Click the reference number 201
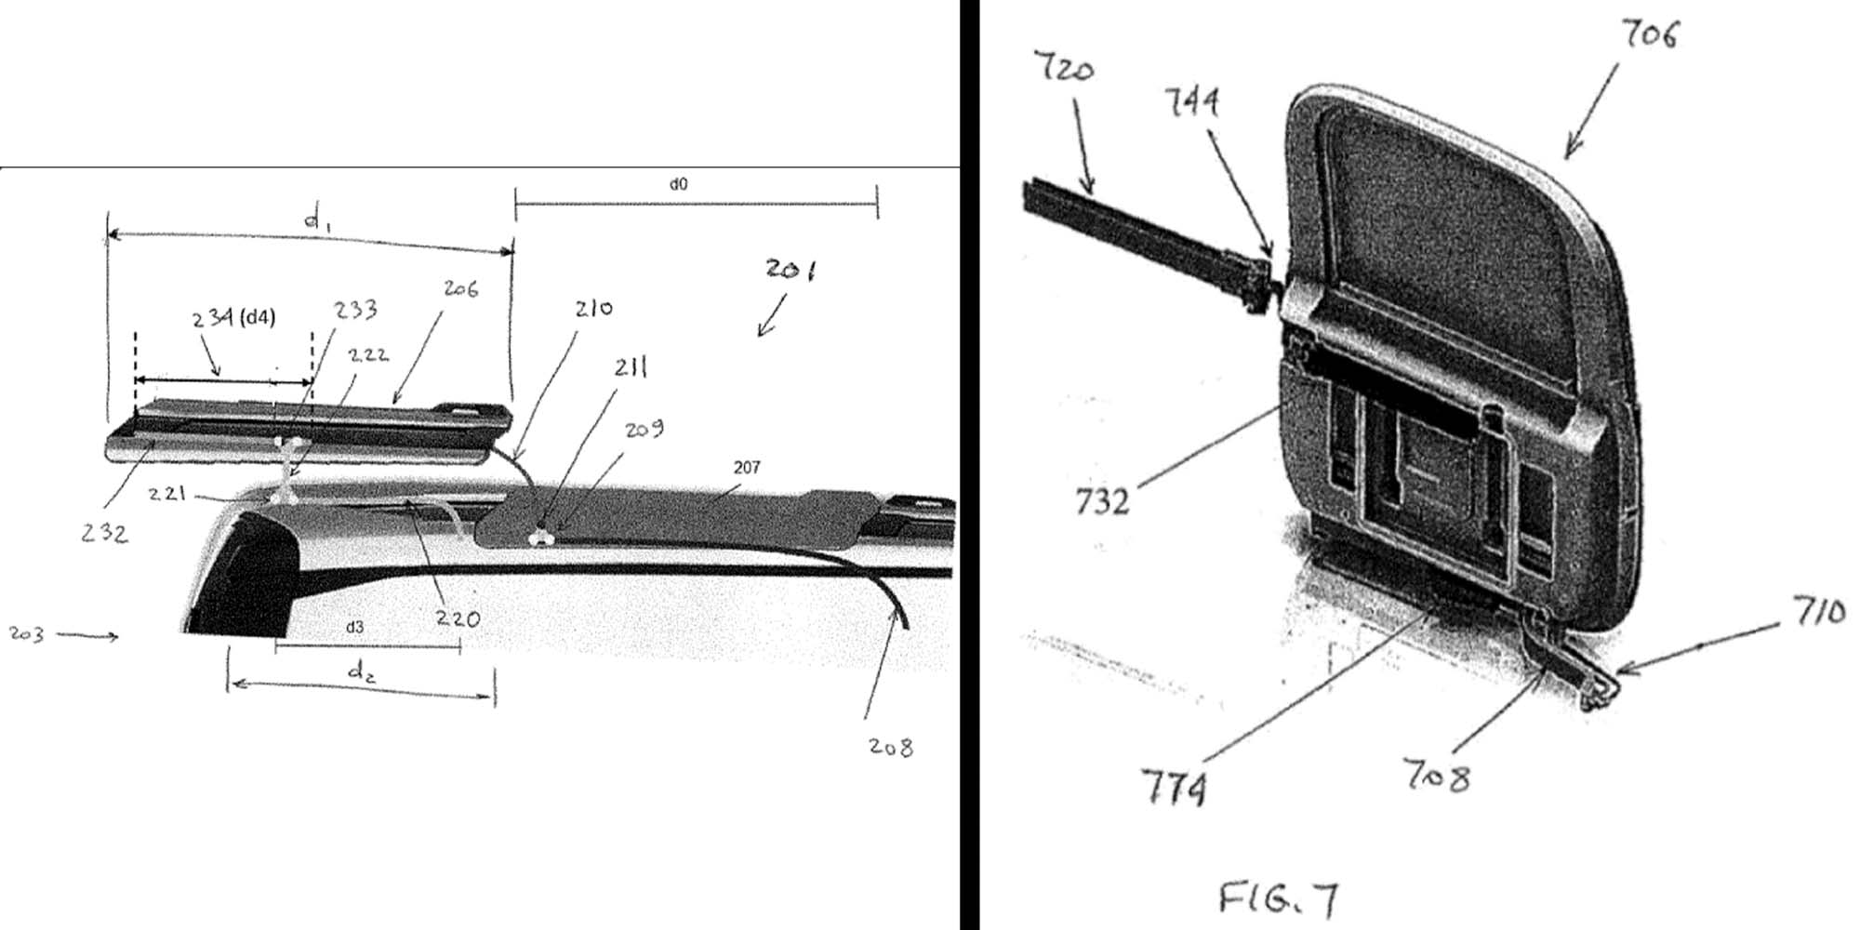tap(790, 270)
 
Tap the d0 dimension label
tap(678, 184)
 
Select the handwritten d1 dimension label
tap(316, 220)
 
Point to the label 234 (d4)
tap(234, 318)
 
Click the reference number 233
tap(355, 309)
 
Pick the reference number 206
tap(460, 289)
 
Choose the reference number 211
tap(631, 368)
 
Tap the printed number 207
tap(747, 467)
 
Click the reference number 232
tap(104, 533)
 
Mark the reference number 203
tap(26, 634)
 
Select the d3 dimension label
tap(354, 628)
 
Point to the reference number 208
tap(890, 746)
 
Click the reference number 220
tap(458, 618)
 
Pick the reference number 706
tap(1650, 34)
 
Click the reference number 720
tap(1064, 68)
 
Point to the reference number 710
tap(1819, 614)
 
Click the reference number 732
tap(1102, 502)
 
